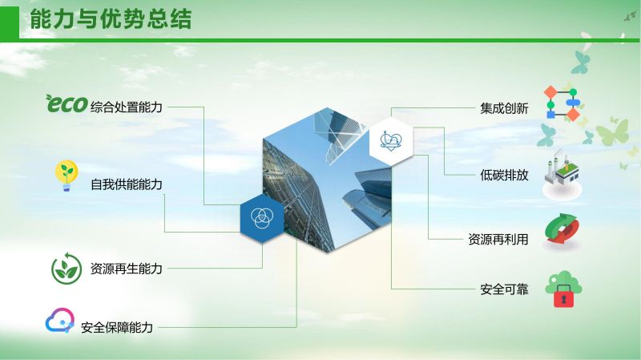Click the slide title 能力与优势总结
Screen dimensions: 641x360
point(111,18)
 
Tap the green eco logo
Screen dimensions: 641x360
point(67,103)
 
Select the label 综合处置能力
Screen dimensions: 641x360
point(127,107)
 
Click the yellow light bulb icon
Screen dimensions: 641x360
point(67,176)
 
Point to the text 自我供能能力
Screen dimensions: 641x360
point(127,184)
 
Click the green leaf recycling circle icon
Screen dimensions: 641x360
point(67,269)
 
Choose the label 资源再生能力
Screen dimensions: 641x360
point(127,269)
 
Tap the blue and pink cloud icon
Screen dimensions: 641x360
point(59,321)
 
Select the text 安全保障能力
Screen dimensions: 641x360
point(117,327)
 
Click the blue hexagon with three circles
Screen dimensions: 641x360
point(262,217)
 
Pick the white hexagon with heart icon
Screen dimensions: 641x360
point(391,141)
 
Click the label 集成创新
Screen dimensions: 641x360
point(504,108)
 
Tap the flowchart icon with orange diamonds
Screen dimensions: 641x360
point(562,103)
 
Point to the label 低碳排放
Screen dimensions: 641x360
point(504,175)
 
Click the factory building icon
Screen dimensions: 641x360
point(562,175)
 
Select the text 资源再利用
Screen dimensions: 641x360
point(498,239)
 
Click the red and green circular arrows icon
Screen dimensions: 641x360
point(562,230)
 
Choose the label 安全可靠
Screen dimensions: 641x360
point(504,289)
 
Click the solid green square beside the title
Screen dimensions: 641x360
point(10,23)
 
